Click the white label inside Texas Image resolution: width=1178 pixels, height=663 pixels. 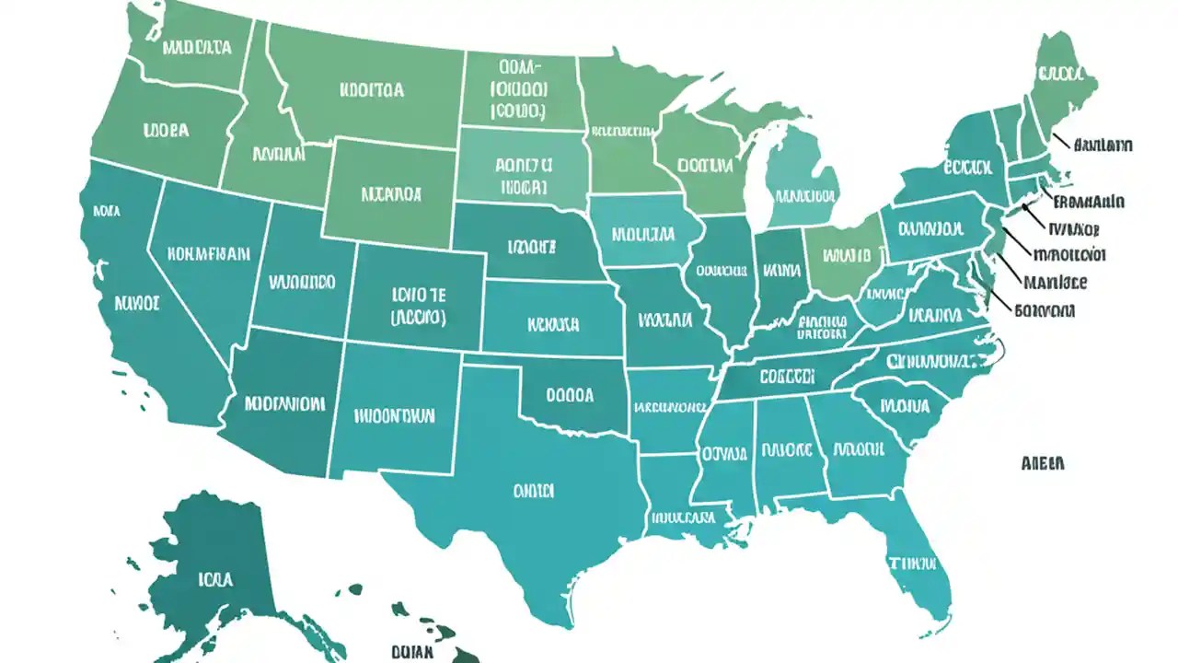[533, 491]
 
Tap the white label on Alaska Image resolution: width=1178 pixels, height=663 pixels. [215, 579]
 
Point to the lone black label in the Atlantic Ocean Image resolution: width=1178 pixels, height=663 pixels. [1043, 462]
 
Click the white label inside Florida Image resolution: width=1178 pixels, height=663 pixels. [912, 562]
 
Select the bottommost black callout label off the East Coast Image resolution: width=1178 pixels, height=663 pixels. [1045, 311]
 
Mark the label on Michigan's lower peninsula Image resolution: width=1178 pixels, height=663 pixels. [805, 196]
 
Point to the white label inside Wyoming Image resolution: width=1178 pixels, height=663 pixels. [391, 194]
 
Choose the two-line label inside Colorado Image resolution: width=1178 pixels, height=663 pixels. [418, 306]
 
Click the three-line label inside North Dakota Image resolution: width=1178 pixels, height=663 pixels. [519, 89]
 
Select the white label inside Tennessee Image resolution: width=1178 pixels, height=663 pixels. [787, 377]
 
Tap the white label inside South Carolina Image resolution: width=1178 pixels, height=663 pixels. [905, 404]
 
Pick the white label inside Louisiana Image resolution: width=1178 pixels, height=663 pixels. [683, 518]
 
